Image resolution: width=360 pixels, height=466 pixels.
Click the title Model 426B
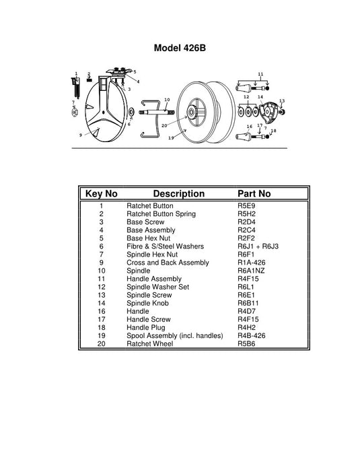tap(180, 48)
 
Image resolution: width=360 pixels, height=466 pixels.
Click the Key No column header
tap(102, 194)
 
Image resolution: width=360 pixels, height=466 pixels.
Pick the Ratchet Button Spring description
tap(161, 214)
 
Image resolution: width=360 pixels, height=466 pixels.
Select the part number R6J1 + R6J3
tap(258, 246)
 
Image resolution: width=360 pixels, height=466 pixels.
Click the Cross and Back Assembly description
tap(168, 263)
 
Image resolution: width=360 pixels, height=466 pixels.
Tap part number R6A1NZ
tap(252, 271)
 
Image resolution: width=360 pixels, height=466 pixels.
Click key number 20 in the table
tap(101, 343)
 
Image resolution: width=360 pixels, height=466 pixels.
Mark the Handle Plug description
tap(146, 327)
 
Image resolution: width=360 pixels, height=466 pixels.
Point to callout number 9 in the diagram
tap(80, 135)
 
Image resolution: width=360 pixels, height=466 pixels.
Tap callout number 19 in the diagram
tap(171, 138)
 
